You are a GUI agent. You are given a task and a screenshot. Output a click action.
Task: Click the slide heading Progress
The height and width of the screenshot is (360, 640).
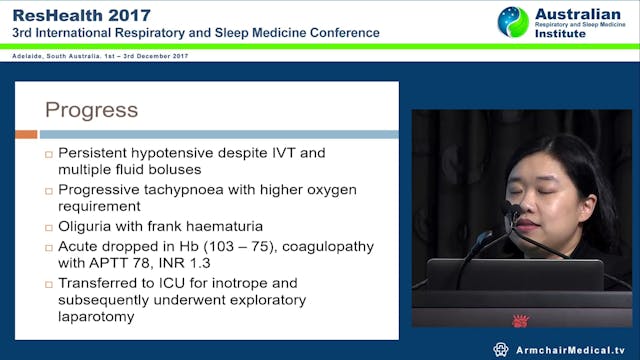(x=91, y=109)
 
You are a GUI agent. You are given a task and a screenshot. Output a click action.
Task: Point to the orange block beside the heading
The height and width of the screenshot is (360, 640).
(x=26, y=133)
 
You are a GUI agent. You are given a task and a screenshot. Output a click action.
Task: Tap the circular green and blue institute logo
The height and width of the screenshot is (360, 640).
(x=513, y=23)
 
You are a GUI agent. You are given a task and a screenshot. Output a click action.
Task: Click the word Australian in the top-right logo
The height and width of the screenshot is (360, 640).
(x=578, y=14)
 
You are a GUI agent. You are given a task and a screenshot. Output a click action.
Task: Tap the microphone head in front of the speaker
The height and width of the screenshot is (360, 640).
(x=513, y=211)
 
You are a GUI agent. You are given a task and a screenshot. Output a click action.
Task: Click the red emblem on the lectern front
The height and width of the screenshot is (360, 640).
(x=520, y=322)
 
